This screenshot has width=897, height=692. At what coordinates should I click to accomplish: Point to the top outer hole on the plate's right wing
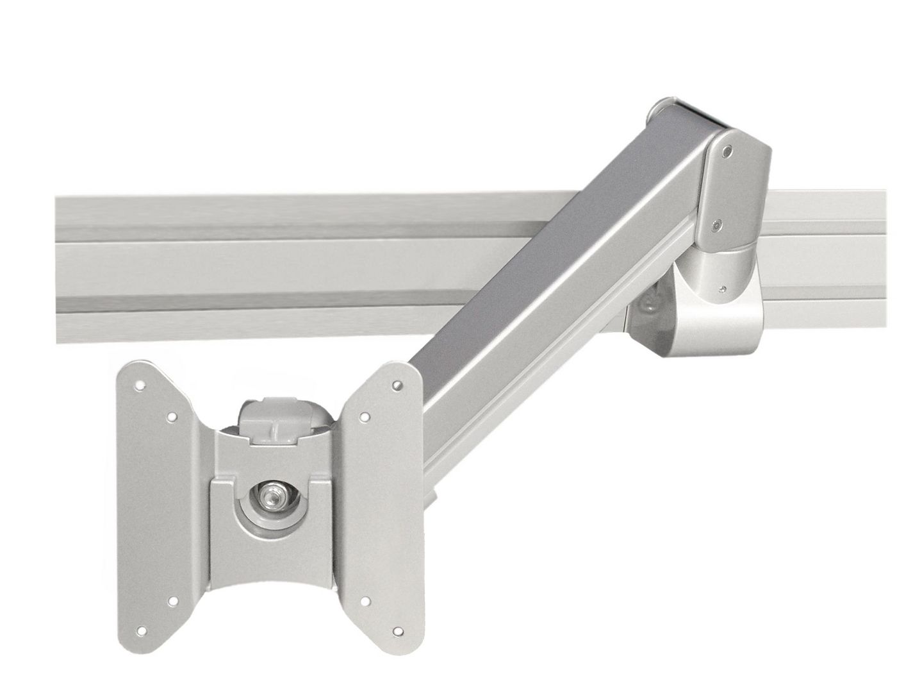398,386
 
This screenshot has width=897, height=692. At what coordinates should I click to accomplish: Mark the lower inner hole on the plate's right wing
364,602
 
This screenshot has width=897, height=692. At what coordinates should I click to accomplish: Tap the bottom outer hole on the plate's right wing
397,632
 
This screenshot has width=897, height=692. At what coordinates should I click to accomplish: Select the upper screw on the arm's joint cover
727,153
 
